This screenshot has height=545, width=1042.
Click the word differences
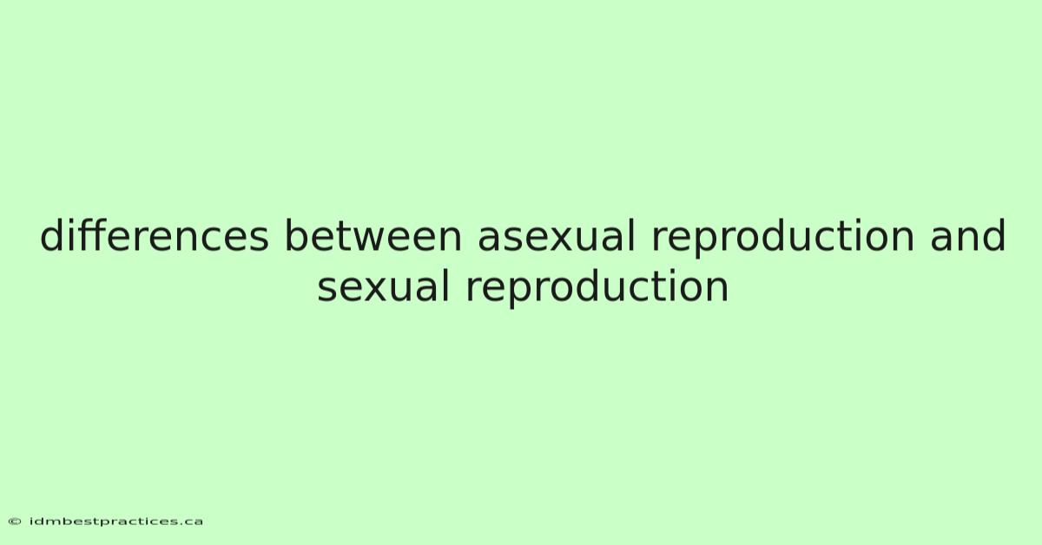point(155,235)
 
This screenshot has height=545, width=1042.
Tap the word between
point(373,235)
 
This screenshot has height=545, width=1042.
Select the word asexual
point(557,235)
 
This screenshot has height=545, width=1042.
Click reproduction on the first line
point(783,238)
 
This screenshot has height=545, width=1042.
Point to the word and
point(967,235)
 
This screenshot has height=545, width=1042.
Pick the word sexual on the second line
point(383,286)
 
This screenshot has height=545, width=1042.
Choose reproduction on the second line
point(597,289)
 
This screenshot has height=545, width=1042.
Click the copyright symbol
point(15,522)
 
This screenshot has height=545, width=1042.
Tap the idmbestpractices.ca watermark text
point(116,522)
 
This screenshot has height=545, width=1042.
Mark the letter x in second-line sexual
point(372,290)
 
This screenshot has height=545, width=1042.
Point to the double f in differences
point(90,235)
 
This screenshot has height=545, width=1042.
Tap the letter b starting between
point(297,235)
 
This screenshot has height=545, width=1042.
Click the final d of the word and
point(993,235)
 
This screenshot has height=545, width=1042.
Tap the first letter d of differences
point(53,235)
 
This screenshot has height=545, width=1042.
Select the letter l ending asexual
point(632,235)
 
